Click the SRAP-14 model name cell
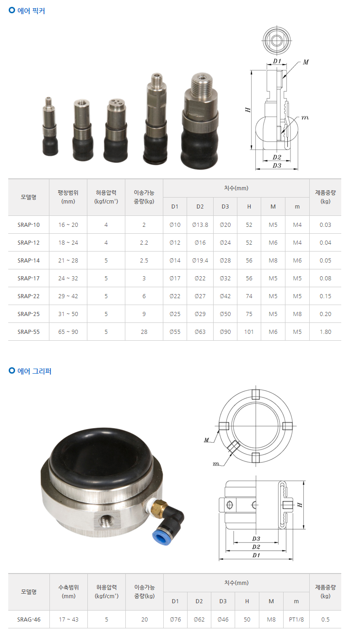28,260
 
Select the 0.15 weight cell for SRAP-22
325,296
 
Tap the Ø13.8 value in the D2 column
200,225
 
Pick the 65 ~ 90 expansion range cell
68,332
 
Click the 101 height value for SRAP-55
249,332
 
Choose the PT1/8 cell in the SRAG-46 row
296,620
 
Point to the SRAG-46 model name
29,620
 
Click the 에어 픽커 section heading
31,11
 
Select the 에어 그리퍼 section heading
34,371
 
